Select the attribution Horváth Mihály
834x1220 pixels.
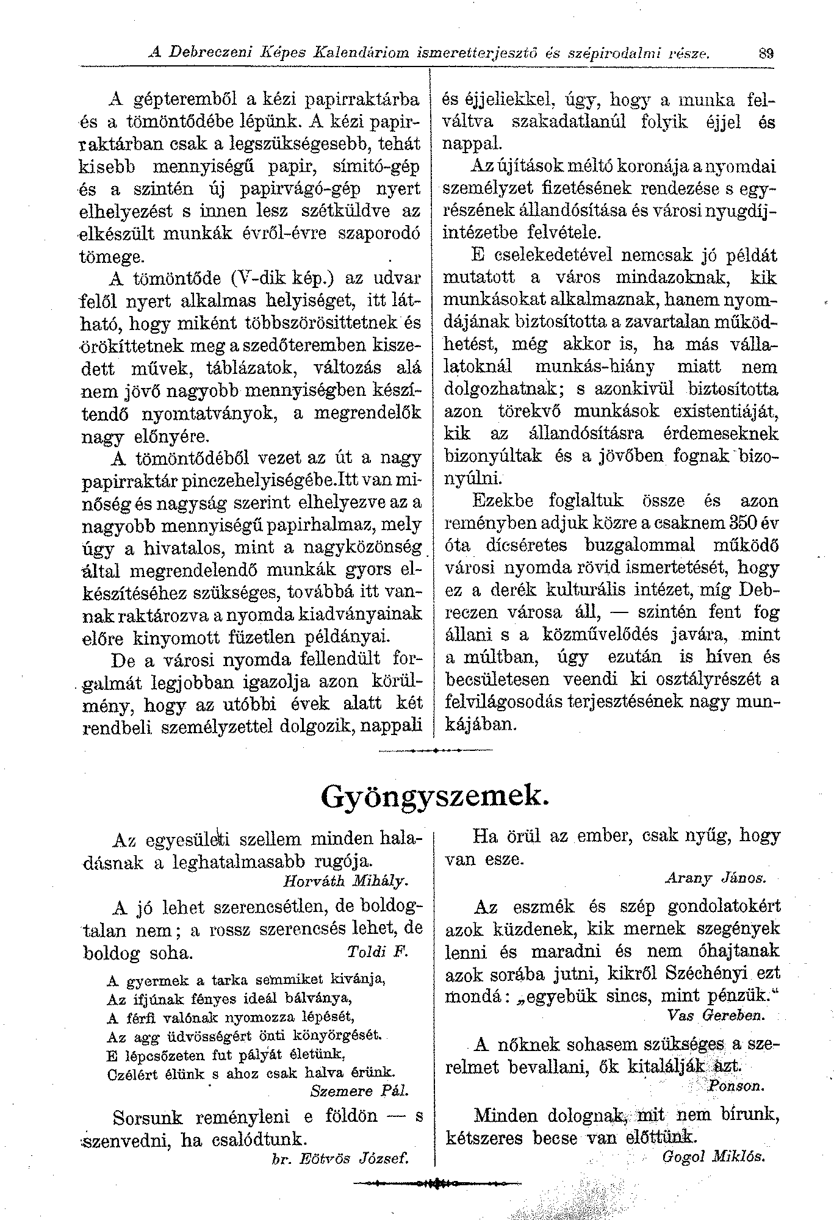[346, 881]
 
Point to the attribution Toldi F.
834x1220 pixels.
[377, 952]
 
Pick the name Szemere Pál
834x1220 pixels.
[359, 1090]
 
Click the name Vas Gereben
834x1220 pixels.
[716, 1016]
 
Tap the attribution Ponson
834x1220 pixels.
[736, 1086]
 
